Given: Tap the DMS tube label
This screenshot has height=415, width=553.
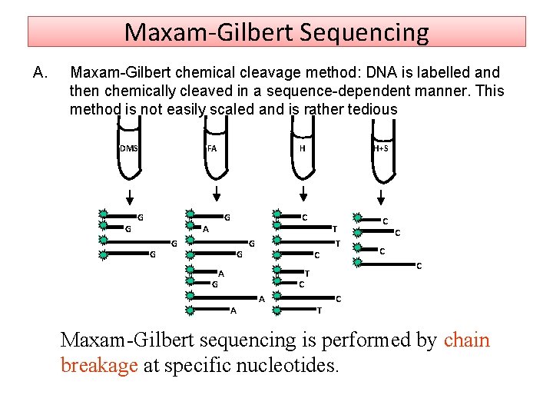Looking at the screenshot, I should click(x=128, y=148).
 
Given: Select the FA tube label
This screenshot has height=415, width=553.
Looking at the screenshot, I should click(x=212, y=148).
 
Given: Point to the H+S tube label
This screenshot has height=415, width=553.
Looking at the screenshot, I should click(x=381, y=148).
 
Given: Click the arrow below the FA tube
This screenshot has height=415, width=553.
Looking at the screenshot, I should click(x=216, y=194).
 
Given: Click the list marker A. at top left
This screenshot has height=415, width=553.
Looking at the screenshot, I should click(x=41, y=73).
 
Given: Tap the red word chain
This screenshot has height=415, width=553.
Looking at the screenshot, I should click(x=467, y=340).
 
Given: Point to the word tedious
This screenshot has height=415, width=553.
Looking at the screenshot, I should click(x=371, y=109).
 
